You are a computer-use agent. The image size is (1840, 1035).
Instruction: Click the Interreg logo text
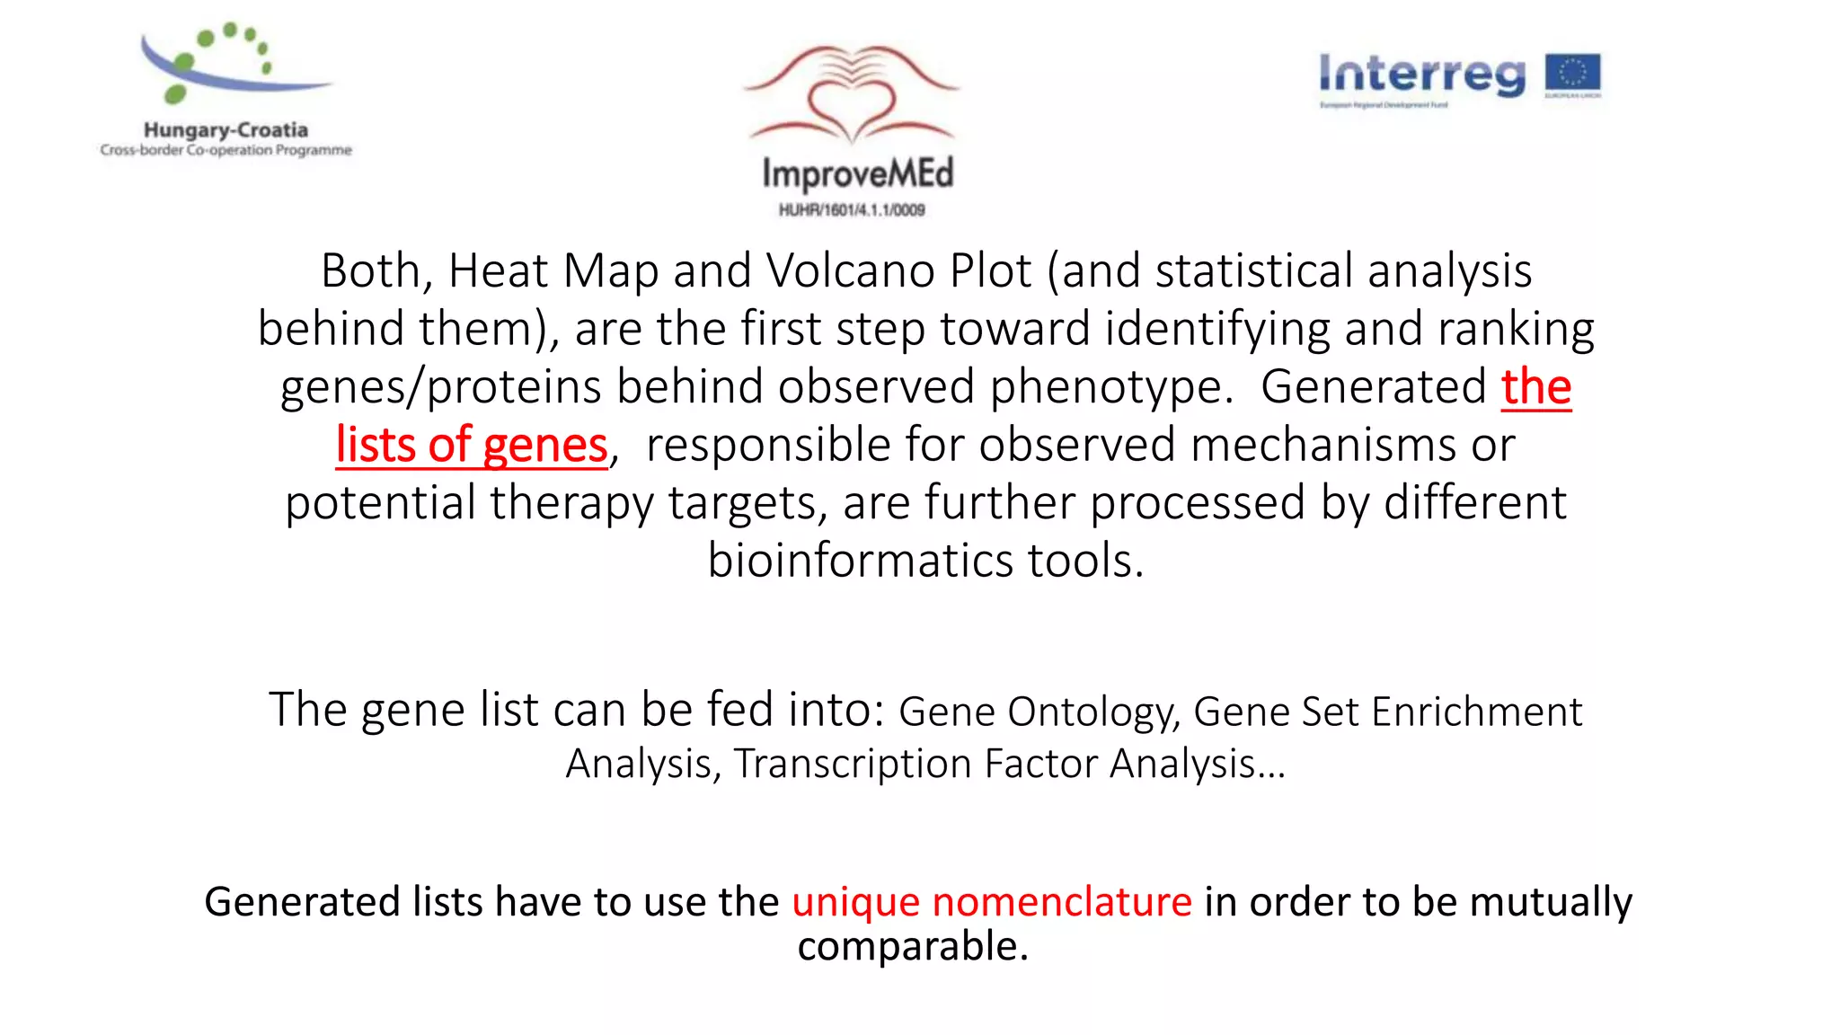coord(1421,75)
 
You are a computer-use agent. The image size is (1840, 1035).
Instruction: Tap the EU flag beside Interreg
coord(1572,75)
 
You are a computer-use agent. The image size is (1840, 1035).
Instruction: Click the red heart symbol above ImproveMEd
coord(852,106)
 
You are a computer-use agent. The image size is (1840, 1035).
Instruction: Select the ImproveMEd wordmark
coord(857,173)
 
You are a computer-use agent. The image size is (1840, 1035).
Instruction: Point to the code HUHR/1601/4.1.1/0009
coord(852,210)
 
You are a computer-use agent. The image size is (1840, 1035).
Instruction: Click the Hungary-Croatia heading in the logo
coord(226,130)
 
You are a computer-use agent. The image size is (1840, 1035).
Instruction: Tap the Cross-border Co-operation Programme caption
coord(226,150)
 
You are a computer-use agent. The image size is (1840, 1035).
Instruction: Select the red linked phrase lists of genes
coord(472,445)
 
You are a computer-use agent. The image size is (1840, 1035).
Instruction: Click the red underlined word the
coord(1535,387)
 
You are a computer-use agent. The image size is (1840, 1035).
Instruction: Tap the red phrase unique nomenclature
coord(991,901)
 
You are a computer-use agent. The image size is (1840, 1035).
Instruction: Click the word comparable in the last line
coord(911,946)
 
